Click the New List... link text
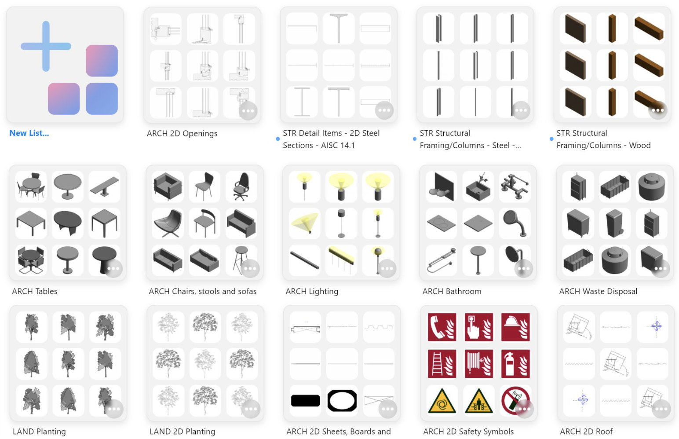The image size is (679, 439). coord(29,133)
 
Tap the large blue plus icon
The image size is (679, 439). coord(46,46)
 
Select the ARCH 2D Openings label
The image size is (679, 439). coord(182,133)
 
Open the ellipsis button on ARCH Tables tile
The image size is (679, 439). coord(113,269)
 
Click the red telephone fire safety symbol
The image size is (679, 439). coord(442,327)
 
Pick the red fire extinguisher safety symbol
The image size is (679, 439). coord(515,363)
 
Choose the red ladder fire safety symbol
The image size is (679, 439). coord(442,363)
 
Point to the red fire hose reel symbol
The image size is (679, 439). coord(479,363)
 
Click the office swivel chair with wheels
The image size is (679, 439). coord(241,187)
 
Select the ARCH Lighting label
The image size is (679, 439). coord(312,291)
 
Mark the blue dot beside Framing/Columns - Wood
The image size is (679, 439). coord(551,139)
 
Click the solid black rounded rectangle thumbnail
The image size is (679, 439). coord(305,400)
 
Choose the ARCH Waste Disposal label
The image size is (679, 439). coord(598,291)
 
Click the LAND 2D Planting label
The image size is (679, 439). coord(183,432)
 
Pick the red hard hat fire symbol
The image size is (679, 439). coord(515,327)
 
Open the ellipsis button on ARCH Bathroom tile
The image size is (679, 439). coord(523,269)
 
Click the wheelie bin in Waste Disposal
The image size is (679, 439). coord(614,223)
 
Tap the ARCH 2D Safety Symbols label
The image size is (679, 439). coord(468,432)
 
